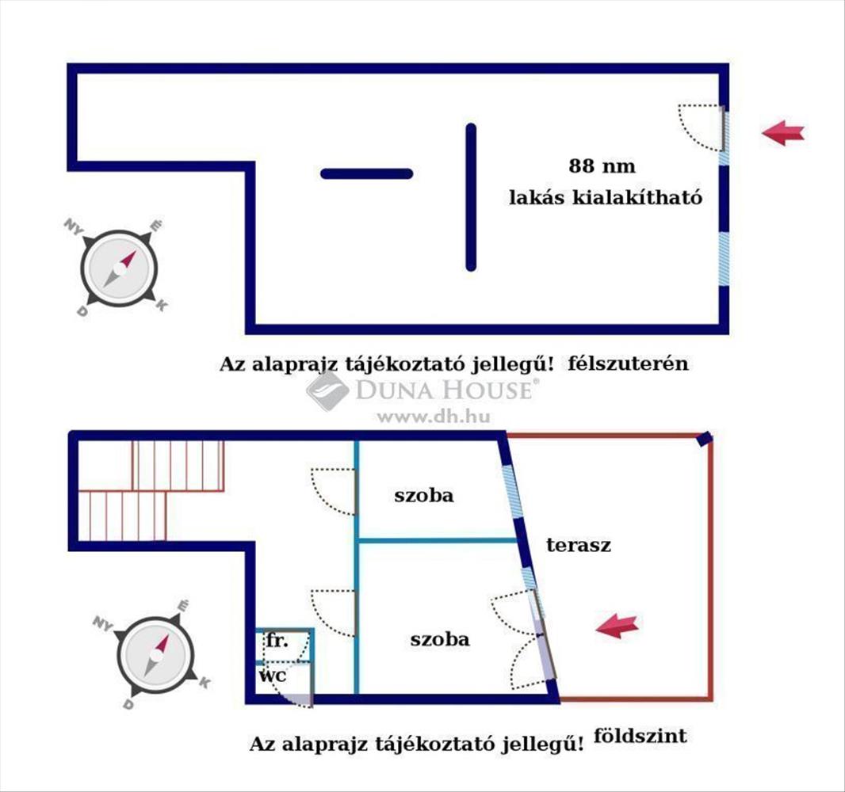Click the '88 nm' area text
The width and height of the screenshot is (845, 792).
(x=602, y=166)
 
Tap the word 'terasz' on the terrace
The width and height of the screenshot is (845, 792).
(x=579, y=545)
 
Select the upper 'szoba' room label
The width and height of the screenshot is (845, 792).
(x=423, y=495)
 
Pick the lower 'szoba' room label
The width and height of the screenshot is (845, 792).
(x=440, y=639)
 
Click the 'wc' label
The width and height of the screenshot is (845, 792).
(x=273, y=675)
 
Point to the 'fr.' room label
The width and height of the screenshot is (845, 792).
(x=277, y=641)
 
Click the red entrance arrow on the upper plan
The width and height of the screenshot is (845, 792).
(x=782, y=132)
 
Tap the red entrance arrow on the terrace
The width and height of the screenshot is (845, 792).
(x=617, y=626)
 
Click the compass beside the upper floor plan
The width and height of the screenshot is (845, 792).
(x=119, y=268)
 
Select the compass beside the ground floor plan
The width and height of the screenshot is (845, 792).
(x=155, y=655)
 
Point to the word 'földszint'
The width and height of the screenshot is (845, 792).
(x=640, y=736)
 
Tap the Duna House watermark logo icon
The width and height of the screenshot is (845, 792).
(x=327, y=390)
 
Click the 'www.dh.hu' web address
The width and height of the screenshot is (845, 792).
(x=434, y=416)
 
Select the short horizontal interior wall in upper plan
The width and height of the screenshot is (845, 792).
(x=367, y=173)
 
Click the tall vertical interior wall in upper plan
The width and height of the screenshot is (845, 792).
(x=471, y=197)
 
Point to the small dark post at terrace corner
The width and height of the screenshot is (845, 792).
(x=705, y=439)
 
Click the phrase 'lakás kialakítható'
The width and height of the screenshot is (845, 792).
(x=606, y=197)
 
